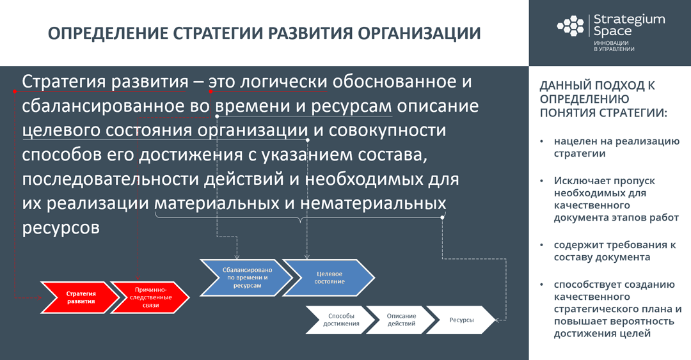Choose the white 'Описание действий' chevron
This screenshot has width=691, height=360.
pyautogui.click(x=401, y=320)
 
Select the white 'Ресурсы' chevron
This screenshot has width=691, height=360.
pyautogui.click(x=461, y=320)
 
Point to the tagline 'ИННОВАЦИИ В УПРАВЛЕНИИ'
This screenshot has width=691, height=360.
pyautogui.click(x=614, y=45)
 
